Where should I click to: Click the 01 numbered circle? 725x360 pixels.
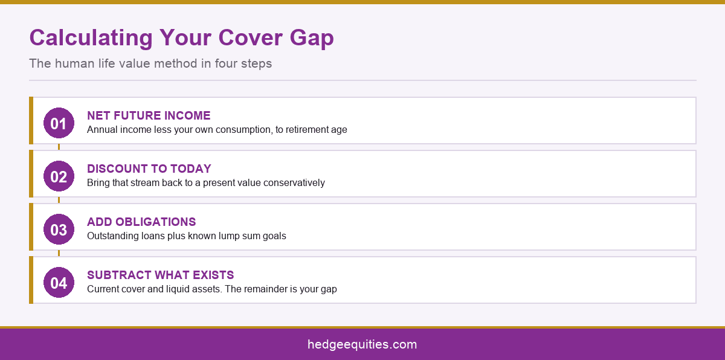59,123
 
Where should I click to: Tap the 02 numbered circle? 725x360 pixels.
59,176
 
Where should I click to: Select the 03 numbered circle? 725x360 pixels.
59,230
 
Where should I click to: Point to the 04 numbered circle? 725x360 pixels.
59,282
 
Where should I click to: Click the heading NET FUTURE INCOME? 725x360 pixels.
149,115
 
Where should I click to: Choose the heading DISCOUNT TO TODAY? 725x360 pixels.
149,169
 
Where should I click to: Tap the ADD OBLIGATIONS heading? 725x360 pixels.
141,222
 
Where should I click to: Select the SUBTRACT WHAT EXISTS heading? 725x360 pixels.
160,275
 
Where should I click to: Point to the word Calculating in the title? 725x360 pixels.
91,39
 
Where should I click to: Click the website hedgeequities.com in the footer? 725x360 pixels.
362,344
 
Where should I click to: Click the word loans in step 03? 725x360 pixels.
153,236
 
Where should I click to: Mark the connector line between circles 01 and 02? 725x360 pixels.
59,147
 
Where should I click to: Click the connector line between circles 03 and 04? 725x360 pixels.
59,253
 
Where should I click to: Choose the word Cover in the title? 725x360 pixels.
251,38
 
